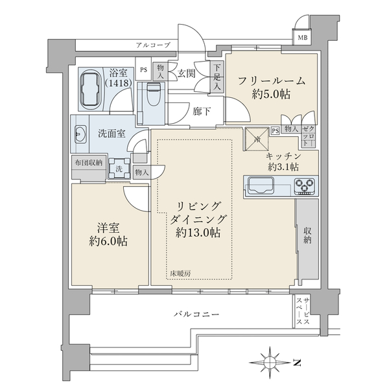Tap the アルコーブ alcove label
[x=153, y=45]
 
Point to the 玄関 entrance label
[x=187, y=73]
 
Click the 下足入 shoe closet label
[x=216, y=77]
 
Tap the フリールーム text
[x=272, y=81]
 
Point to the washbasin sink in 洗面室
[x=81, y=135]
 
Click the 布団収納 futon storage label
[x=87, y=163]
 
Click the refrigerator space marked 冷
[x=257, y=139]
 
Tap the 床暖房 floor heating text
[x=181, y=274]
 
